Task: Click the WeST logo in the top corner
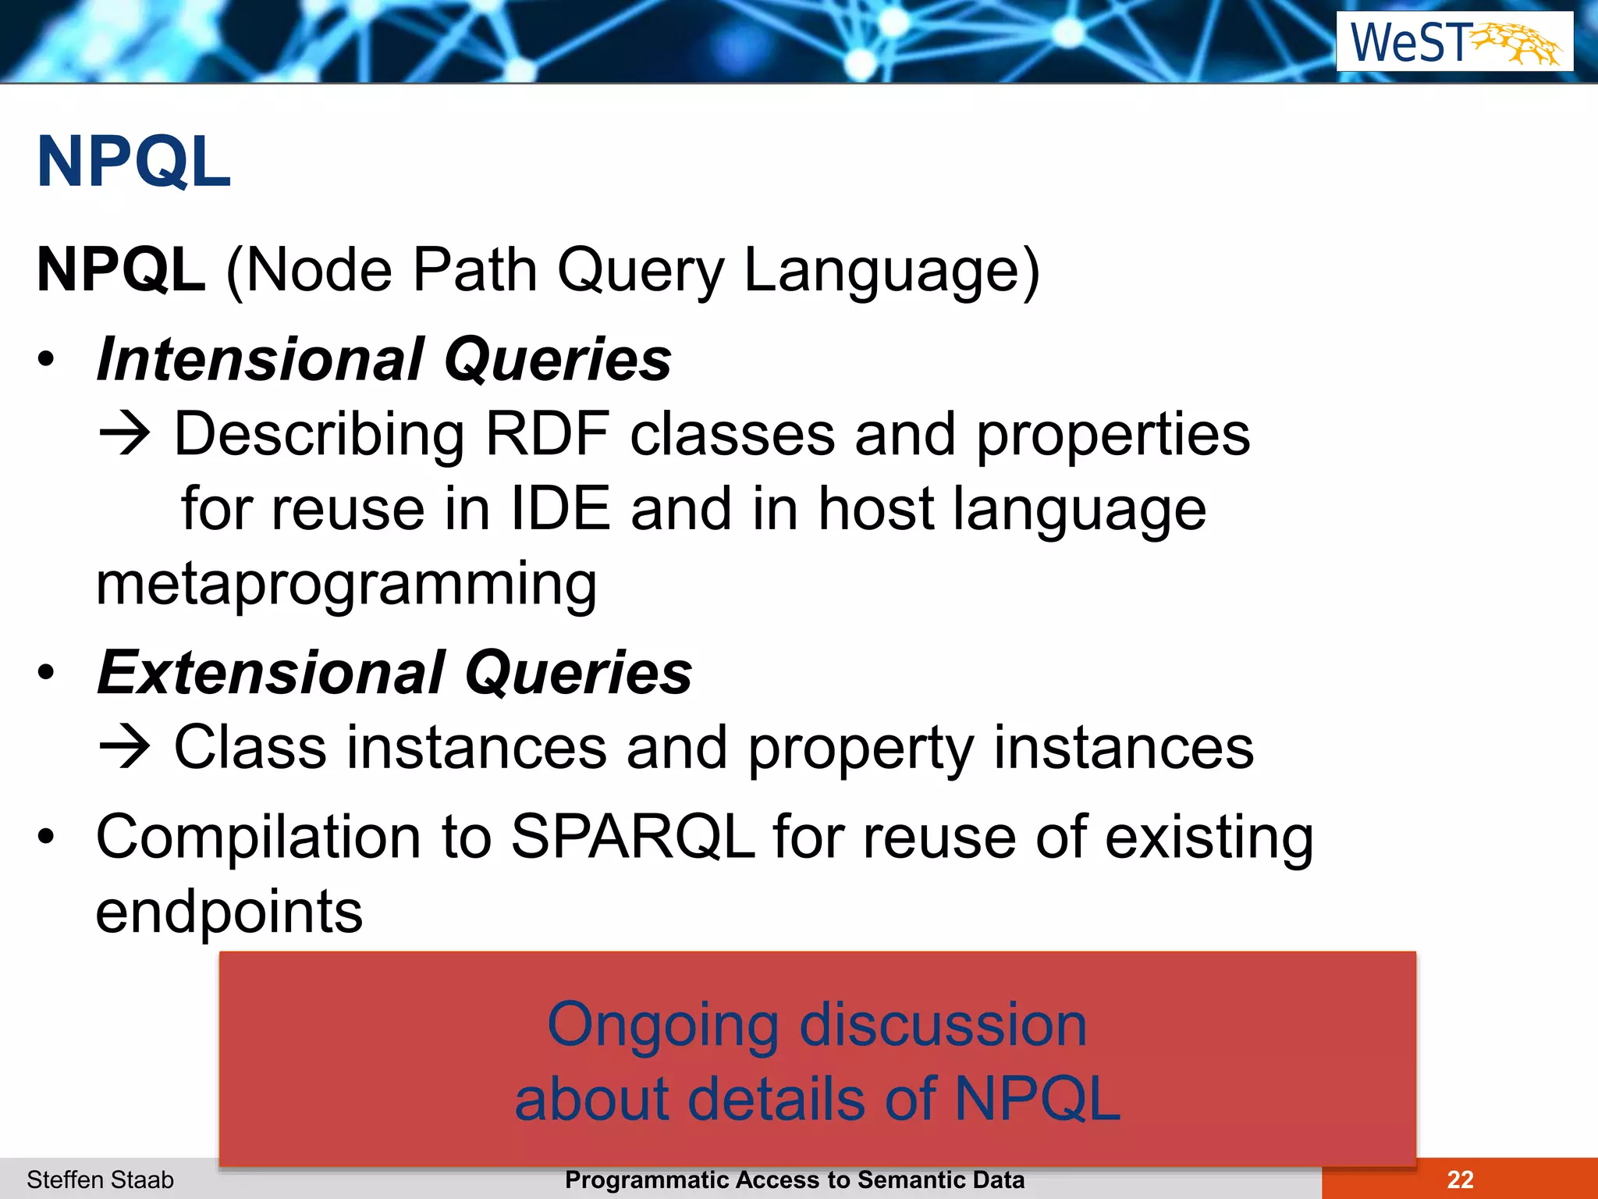point(1454,41)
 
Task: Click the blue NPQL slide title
point(134,162)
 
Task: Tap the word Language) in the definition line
point(892,271)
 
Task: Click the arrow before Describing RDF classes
point(124,434)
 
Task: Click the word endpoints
point(229,912)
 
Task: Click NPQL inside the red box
point(1037,1099)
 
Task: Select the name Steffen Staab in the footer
point(100,1179)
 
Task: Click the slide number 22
point(1459,1179)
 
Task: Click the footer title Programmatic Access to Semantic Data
point(794,1179)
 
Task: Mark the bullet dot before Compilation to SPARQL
point(47,837)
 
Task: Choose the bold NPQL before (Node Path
point(121,271)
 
